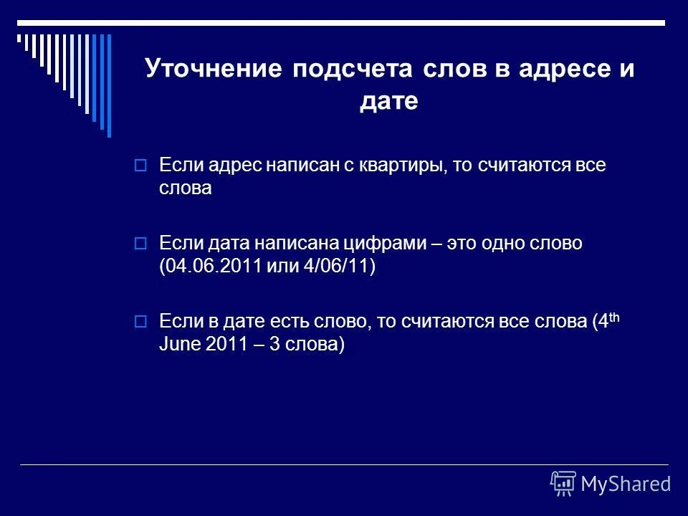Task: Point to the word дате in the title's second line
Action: (x=388, y=102)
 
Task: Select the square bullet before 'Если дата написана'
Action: (x=140, y=244)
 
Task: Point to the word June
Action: (x=180, y=345)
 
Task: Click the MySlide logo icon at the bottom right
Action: (x=563, y=483)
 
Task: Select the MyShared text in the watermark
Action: (x=626, y=484)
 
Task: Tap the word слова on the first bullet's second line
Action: (x=186, y=188)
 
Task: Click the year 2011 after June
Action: (x=226, y=345)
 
